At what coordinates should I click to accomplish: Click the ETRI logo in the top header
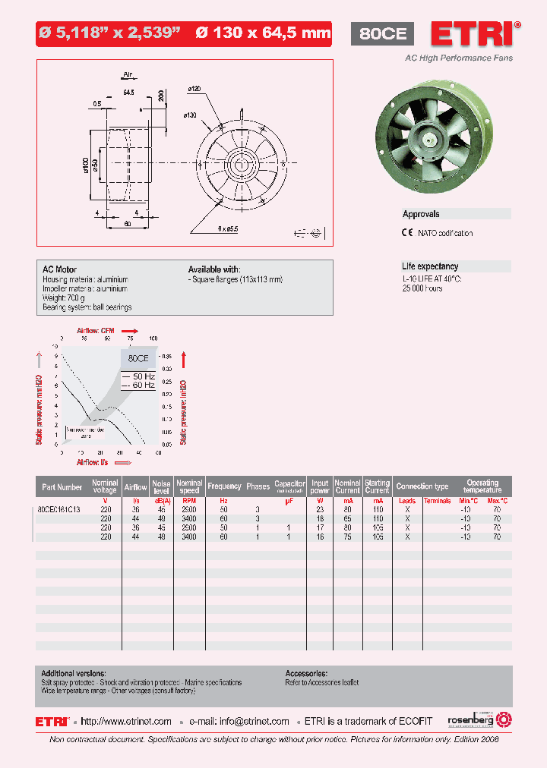click(x=475, y=34)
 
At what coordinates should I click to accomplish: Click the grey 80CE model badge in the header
click(x=382, y=34)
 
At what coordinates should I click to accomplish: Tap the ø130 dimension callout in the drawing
click(x=190, y=115)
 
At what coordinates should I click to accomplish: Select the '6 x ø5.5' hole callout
click(x=228, y=227)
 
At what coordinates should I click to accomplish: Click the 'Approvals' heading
click(x=421, y=215)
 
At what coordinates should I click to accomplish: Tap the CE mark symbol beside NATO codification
click(x=407, y=233)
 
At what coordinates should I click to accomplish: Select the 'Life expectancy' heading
click(x=430, y=266)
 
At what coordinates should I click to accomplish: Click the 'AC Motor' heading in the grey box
click(x=59, y=269)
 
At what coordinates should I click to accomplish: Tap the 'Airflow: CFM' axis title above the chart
click(x=96, y=331)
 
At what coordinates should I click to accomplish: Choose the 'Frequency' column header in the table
click(x=224, y=486)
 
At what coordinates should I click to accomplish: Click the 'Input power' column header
click(x=320, y=486)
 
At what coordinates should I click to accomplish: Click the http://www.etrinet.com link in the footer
click(x=126, y=722)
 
